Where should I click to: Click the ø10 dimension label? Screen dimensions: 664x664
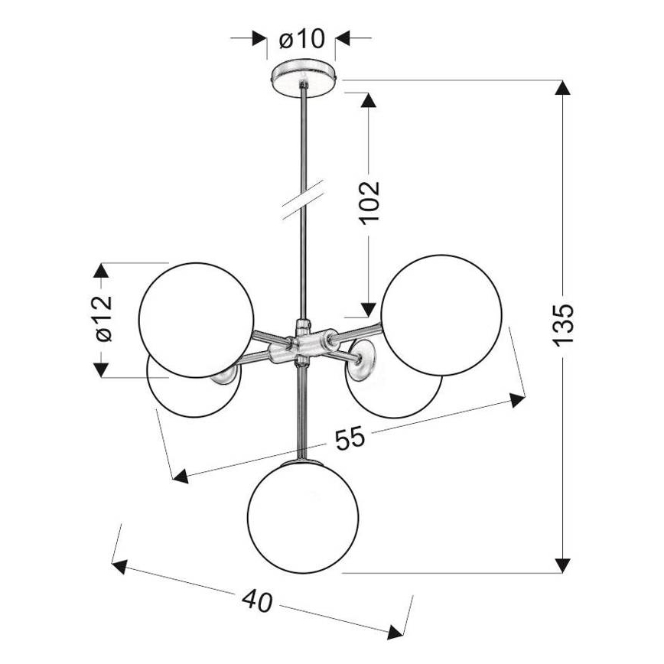pos(301,38)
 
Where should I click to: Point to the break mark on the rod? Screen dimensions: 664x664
pos(304,201)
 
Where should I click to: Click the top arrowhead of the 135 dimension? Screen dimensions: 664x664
pos(563,86)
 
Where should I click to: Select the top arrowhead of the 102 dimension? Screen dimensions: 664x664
pos(369,101)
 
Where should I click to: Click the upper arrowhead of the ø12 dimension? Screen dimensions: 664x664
pos(100,271)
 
